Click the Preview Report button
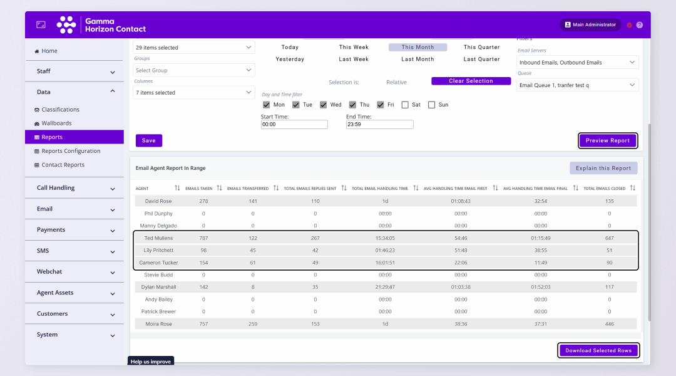[x=608, y=140]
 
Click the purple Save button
[x=149, y=140]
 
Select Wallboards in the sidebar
[x=56, y=123]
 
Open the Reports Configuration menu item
[x=71, y=151]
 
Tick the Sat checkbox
[x=406, y=105]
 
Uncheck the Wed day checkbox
[x=324, y=105]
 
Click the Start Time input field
[x=294, y=125]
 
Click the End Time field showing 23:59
[x=379, y=125]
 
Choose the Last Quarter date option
[x=481, y=59]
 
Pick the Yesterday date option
[x=290, y=59]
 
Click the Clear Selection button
[x=471, y=81]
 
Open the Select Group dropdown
[x=194, y=70]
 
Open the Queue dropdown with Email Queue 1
[x=577, y=85]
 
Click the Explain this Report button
[x=603, y=168]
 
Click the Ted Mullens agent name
[x=158, y=238]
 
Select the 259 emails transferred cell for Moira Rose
[x=253, y=324]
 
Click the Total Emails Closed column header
[x=605, y=188]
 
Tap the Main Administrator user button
[x=590, y=25]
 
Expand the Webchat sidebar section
[x=74, y=272]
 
